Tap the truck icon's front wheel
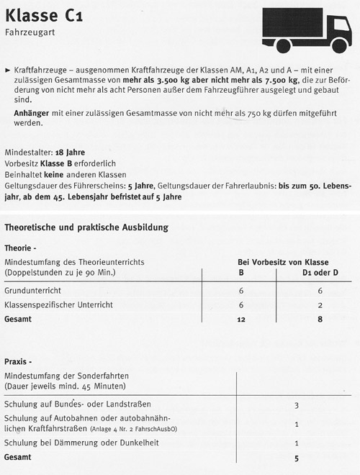339,45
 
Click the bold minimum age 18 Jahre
70,153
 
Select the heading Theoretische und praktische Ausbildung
86,227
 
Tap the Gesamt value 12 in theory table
241,320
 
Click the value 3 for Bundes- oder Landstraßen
297,406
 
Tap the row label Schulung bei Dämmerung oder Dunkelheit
81,442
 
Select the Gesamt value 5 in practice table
297,457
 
